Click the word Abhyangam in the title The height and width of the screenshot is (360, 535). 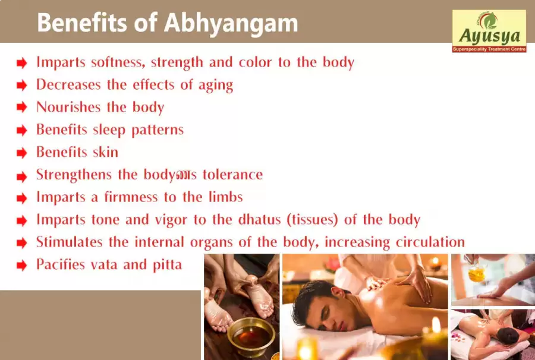tap(231, 24)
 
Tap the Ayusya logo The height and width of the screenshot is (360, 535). tap(489, 31)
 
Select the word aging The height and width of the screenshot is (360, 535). tap(216, 85)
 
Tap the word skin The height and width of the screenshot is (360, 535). tap(105, 152)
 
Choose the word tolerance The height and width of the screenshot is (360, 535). tap(232, 175)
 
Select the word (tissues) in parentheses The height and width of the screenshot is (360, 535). tap(312, 220)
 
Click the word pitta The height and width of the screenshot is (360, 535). tap(167, 265)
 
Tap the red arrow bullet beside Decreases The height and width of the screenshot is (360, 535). tap(22, 85)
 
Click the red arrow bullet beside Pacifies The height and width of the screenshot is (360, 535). tap(22, 265)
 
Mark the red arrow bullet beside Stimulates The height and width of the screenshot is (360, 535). tap(22, 243)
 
